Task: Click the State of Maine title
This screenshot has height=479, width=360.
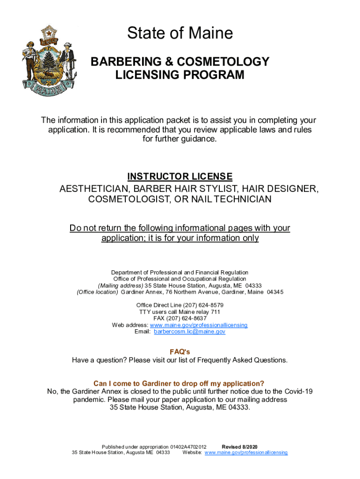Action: [x=180, y=33]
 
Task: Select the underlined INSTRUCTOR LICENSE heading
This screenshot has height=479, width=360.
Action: [x=180, y=177]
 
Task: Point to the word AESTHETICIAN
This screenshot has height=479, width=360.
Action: [x=94, y=189]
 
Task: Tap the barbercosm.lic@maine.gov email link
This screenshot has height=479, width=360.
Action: [x=189, y=332]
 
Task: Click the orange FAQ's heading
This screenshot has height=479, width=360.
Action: [x=180, y=352]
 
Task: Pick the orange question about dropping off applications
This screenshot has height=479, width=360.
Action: [x=180, y=383]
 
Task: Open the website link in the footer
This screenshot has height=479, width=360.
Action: [x=246, y=453]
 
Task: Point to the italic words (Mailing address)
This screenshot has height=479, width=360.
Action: [x=120, y=286]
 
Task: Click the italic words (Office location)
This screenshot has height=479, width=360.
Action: [x=98, y=292]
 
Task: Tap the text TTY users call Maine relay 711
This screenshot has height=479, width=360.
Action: [x=180, y=312]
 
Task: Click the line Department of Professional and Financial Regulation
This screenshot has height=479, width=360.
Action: [x=180, y=272]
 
